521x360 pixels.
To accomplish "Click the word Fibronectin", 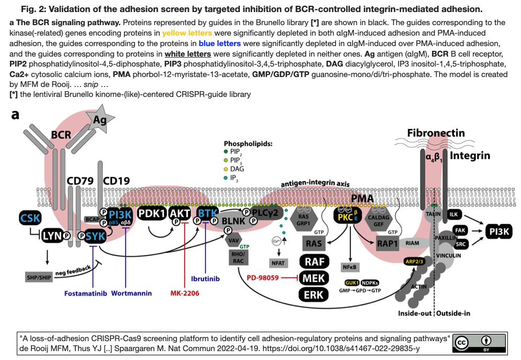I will point(436,133).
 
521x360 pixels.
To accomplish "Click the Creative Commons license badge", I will point(479,342).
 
